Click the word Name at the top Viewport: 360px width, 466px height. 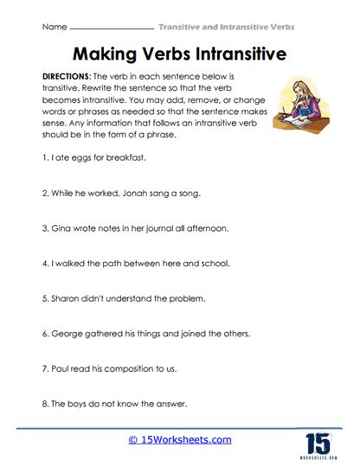point(54,27)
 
